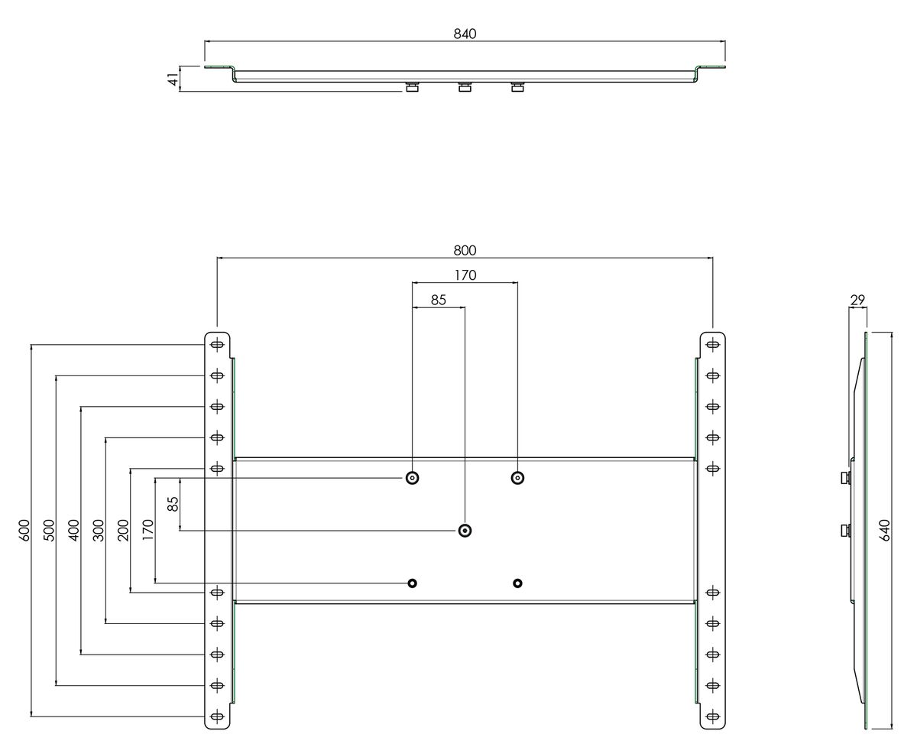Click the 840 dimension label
tap(465, 34)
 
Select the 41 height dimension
tap(173, 80)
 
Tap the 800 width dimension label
tap(465, 250)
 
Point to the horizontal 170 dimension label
tap(465, 275)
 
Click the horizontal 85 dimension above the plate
tap(439, 300)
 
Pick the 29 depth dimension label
tap(857, 300)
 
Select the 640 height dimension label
tap(884, 531)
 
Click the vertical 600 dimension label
tap(24, 531)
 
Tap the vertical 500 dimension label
tap(49, 531)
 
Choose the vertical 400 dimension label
tap(73, 531)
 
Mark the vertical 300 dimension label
tap(99, 531)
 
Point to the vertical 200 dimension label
tap(123, 531)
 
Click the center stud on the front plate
tap(465, 531)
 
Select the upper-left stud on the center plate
tap(412, 478)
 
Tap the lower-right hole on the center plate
tap(517, 583)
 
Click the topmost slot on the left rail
tap(217, 345)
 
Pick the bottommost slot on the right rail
tap(712, 716)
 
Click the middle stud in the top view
tap(465, 87)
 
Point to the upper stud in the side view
tap(845, 478)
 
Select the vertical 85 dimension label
tap(173, 504)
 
